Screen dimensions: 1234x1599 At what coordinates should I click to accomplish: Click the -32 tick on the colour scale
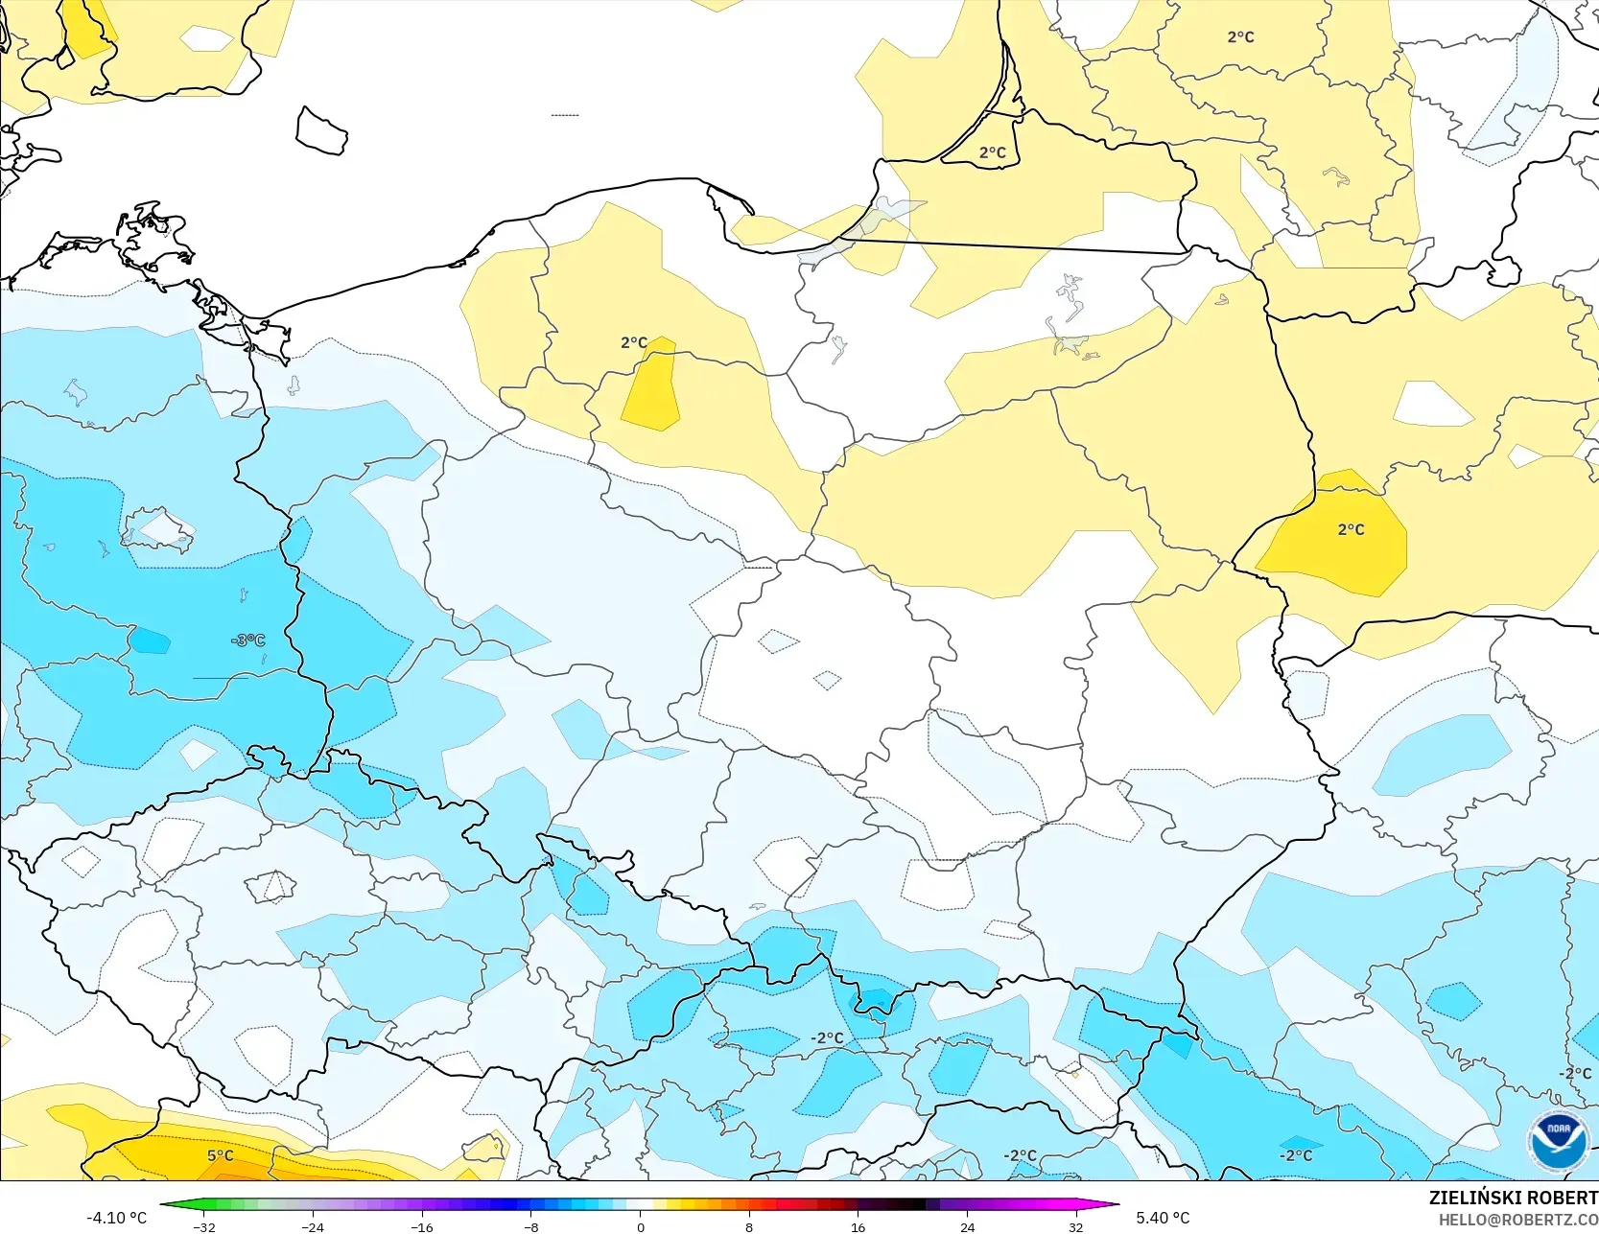point(204,1226)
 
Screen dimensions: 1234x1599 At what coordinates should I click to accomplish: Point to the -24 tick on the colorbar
point(313,1226)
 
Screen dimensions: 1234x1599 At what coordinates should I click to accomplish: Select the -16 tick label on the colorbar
point(422,1226)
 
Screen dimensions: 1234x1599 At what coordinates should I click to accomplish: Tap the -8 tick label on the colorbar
point(530,1226)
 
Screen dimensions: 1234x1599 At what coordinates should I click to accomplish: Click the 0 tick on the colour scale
point(640,1226)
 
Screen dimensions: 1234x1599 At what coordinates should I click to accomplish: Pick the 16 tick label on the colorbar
point(858,1226)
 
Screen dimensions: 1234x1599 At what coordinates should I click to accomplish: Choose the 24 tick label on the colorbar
point(967,1226)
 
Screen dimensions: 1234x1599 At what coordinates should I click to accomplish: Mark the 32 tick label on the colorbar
point(1075,1226)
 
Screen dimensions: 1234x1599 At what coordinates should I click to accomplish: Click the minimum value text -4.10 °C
point(116,1218)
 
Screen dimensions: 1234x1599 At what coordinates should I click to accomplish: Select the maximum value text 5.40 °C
point(1163,1218)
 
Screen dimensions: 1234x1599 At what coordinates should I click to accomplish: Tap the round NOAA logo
point(1559,1141)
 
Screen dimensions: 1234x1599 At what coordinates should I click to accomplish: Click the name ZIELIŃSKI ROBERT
point(1513,1198)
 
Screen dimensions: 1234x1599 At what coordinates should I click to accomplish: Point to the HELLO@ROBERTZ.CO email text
point(1517,1220)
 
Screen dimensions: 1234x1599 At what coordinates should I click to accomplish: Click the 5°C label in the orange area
point(221,1155)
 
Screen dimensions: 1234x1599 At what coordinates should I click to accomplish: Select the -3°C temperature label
point(247,640)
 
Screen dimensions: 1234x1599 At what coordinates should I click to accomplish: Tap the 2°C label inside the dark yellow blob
point(1351,529)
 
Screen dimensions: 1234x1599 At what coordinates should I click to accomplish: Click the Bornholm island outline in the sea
point(321,131)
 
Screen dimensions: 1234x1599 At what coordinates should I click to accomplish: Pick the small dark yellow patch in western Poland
point(651,388)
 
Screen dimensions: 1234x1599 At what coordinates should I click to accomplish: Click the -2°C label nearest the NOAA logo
point(1575,1073)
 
